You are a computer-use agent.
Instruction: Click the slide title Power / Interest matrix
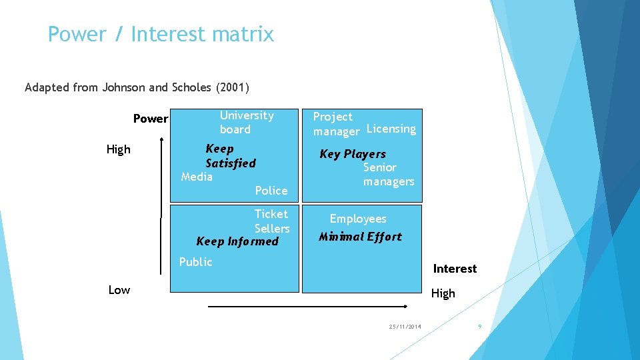tap(161, 34)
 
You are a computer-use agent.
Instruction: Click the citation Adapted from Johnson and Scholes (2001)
tap(137, 87)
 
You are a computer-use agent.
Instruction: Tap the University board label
tap(246, 123)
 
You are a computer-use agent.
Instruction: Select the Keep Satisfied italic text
tap(230, 155)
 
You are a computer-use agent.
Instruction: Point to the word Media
tap(197, 177)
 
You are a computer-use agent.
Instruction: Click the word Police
tap(271, 191)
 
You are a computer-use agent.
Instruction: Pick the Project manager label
tap(335, 124)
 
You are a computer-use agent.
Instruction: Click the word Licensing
tap(391, 129)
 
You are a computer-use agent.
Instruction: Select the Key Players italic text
tap(353, 154)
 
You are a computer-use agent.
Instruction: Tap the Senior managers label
tap(388, 175)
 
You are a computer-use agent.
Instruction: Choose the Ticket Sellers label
tap(271, 221)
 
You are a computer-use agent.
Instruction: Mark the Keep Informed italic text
tap(237, 241)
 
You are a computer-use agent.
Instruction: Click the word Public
tap(195, 262)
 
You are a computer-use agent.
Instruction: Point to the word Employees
tap(358, 219)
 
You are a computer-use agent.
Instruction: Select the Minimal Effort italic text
tap(360, 237)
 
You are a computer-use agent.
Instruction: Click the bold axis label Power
tap(151, 119)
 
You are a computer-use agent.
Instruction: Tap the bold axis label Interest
tap(455, 269)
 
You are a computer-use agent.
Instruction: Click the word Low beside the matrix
tap(119, 289)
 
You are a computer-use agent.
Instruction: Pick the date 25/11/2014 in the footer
tap(405, 327)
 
